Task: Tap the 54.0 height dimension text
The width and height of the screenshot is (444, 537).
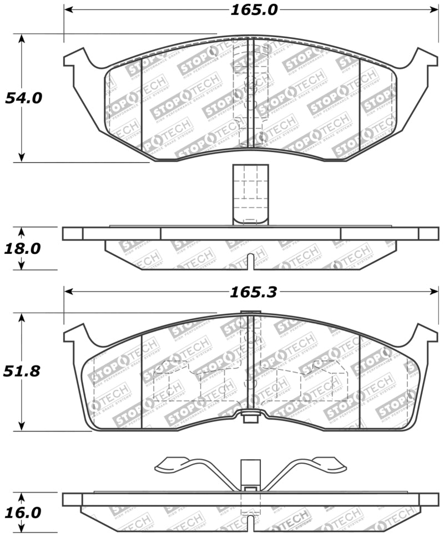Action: click(24, 98)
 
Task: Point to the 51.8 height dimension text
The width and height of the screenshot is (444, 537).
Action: click(24, 371)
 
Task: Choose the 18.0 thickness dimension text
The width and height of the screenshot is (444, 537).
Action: click(24, 248)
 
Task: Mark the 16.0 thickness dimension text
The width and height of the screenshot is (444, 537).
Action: click(24, 513)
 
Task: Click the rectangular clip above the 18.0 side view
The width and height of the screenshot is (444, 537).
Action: click(250, 194)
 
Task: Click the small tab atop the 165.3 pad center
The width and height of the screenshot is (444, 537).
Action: click(250, 312)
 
